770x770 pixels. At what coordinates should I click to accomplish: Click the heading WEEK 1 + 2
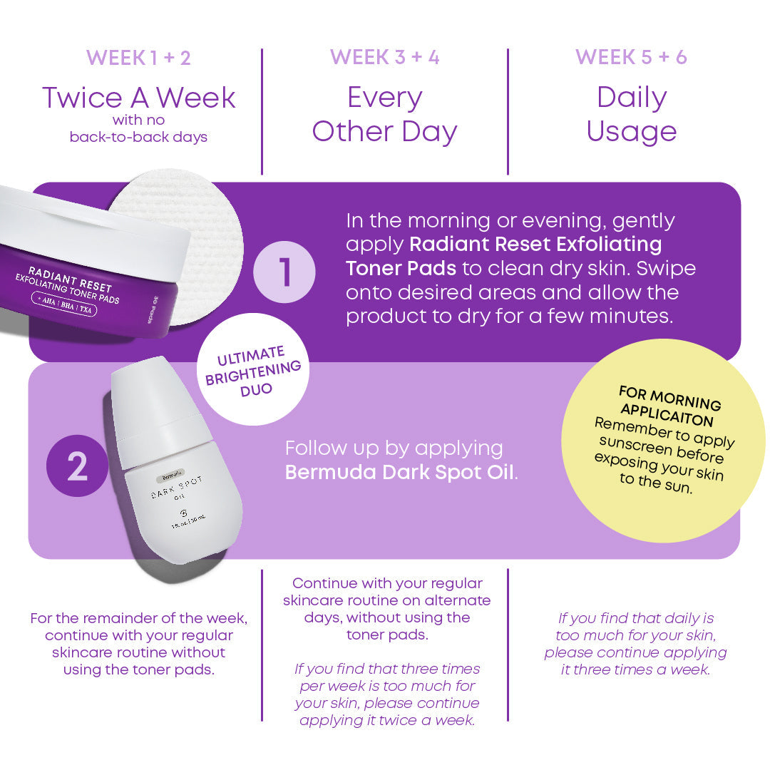[x=138, y=58]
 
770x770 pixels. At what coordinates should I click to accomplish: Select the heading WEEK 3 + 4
[x=384, y=58]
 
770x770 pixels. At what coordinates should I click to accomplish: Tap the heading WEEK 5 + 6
[x=631, y=58]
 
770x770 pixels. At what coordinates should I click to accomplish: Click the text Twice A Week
[x=138, y=98]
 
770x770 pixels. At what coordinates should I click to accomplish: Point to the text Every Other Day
[x=384, y=115]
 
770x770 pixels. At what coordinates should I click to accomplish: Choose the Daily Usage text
[x=631, y=115]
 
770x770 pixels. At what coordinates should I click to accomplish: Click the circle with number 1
[x=284, y=272]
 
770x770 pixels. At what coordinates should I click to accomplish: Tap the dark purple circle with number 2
[x=77, y=466]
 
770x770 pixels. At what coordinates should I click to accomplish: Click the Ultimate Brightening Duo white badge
[x=253, y=369]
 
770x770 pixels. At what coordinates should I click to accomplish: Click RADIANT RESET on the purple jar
[x=70, y=277]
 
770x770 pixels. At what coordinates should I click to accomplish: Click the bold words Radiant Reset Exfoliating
[x=535, y=245]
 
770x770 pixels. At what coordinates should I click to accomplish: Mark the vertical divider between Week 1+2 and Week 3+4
[x=262, y=111]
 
